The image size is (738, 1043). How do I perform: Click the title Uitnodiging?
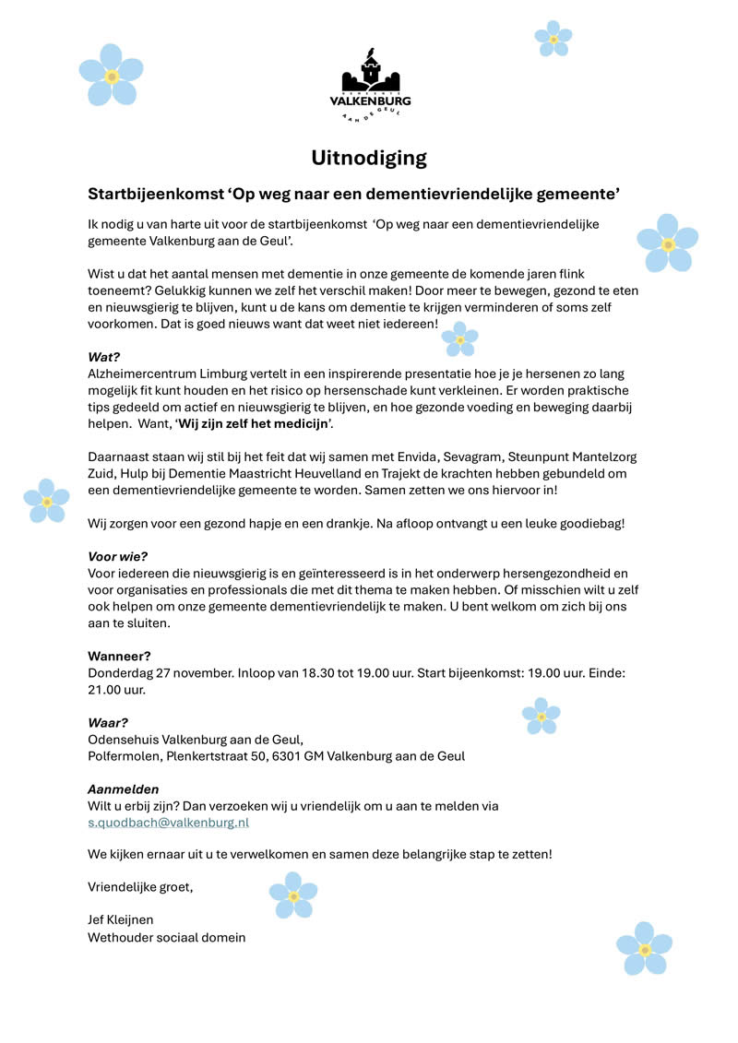pos(369,158)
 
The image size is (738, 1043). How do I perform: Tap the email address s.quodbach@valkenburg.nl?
pos(168,822)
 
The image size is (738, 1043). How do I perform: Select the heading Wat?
pos(104,356)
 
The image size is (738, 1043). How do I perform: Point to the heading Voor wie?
pos(117,556)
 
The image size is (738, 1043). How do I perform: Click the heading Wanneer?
pos(119,656)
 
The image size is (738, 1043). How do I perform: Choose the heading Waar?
pos(108,722)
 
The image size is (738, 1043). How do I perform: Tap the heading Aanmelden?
pos(123,788)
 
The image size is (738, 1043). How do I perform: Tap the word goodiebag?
pos(590,523)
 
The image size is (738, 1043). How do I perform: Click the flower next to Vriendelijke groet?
pos(293,895)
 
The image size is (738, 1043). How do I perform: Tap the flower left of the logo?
pos(111,75)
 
